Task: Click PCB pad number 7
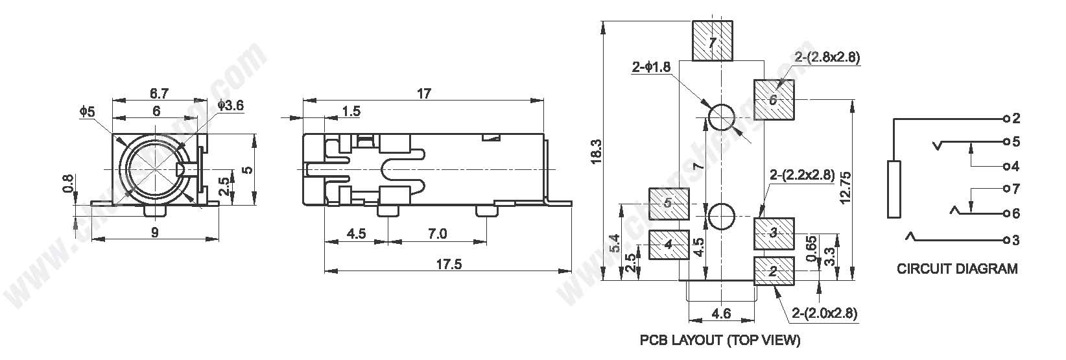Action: (x=712, y=41)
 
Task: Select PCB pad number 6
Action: (x=773, y=99)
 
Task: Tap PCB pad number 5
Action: (x=669, y=203)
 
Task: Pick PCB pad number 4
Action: (x=669, y=245)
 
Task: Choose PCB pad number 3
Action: (x=774, y=234)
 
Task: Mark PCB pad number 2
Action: (x=774, y=271)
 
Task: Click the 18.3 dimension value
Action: (x=597, y=151)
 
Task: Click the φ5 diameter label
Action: (x=87, y=112)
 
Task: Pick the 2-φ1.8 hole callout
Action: (x=652, y=66)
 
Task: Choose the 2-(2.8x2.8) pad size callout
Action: (x=827, y=57)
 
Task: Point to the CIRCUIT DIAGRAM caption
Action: (x=957, y=269)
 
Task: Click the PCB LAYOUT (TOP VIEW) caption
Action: (x=720, y=340)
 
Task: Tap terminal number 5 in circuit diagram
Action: (x=1015, y=141)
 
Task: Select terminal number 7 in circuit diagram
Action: (x=1015, y=189)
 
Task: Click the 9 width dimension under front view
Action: (x=155, y=231)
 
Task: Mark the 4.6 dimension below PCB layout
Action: (x=721, y=313)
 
